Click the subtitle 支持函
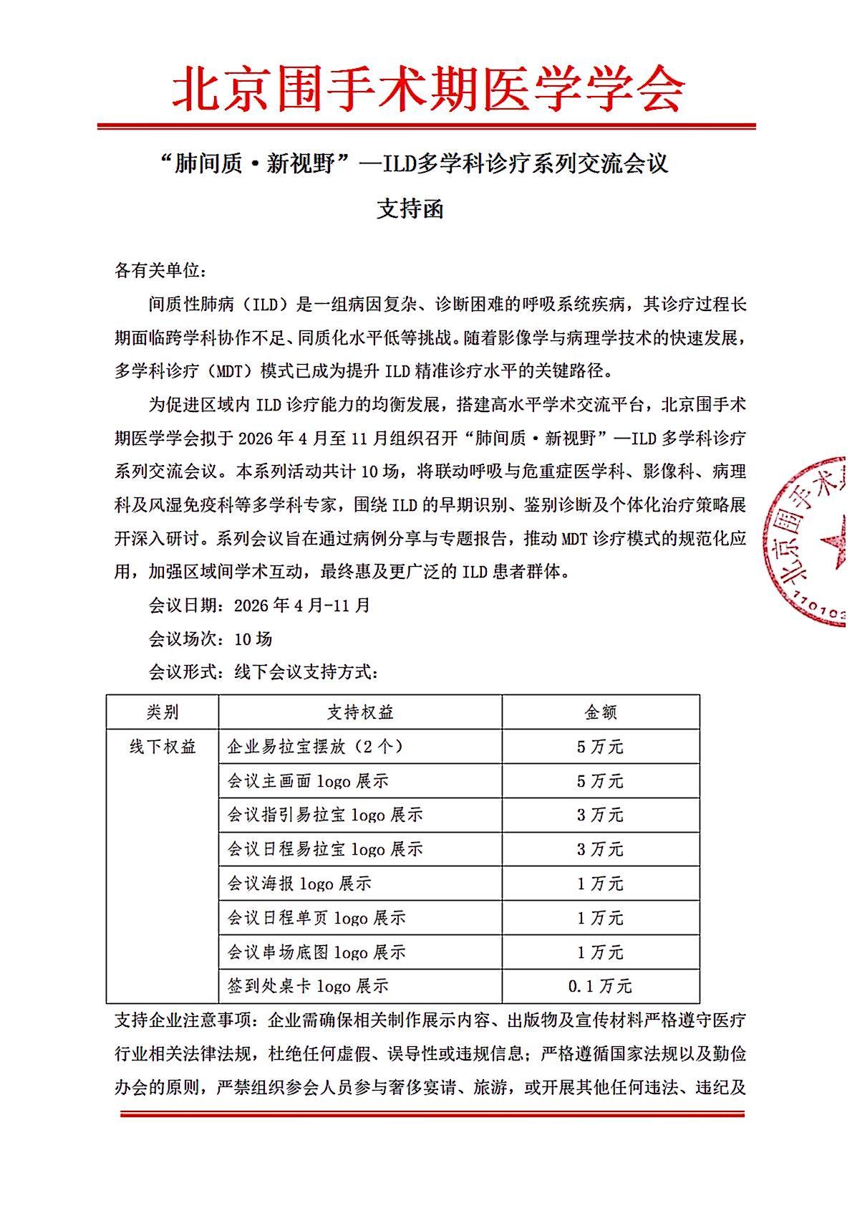point(410,209)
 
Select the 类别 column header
point(163,712)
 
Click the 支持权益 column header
point(360,712)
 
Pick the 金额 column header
point(600,712)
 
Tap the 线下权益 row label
point(163,747)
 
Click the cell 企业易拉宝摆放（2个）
point(316,747)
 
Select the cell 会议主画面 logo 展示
point(308,781)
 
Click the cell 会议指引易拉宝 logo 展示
point(325,815)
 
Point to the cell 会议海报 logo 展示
point(299,884)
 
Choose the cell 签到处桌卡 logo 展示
point(308,986)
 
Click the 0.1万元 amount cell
point(600,986)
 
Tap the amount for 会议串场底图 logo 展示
point(600,952)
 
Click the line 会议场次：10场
point(210,638)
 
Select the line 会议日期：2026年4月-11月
point(259,605)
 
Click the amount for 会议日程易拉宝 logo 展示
point(600,849)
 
